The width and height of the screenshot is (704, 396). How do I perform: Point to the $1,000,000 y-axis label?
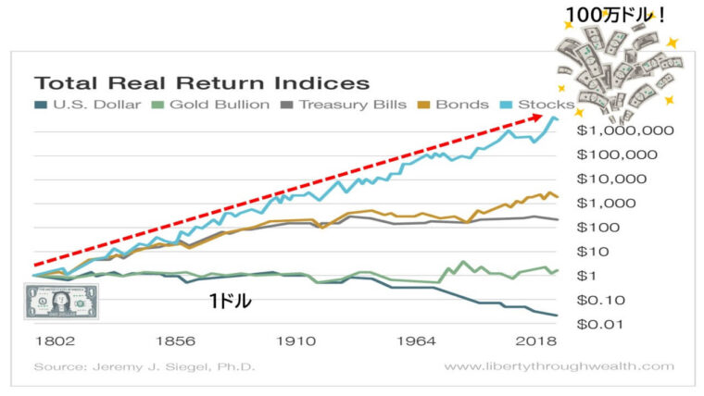point(617,131)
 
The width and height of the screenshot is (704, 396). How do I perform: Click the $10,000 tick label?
point(617,179)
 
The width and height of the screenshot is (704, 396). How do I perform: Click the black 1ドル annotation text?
point(230,301)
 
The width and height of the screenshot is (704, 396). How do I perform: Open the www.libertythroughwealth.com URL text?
point(559,366)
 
